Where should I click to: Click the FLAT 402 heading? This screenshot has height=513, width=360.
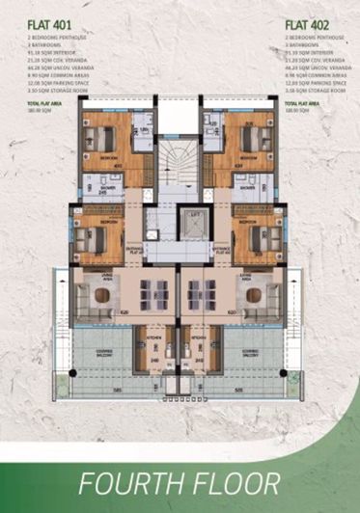click(x=310, y=20)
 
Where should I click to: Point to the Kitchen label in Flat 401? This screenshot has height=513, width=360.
click(x=152, y=338)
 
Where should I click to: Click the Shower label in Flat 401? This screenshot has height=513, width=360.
click(x=102, y=188)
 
